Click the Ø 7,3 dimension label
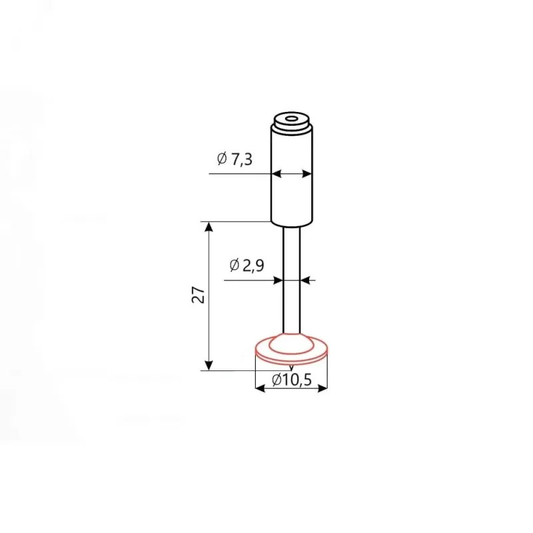coord(235,159)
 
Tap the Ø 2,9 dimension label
coord(247,265)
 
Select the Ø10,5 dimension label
coord(292,379)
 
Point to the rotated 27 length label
coord(198,294)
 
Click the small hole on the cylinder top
coord(291,119)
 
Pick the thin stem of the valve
coord(292,280)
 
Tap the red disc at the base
coord(291,348)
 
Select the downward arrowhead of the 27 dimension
coord(209,365)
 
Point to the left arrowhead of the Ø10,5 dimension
coord(260,388)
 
